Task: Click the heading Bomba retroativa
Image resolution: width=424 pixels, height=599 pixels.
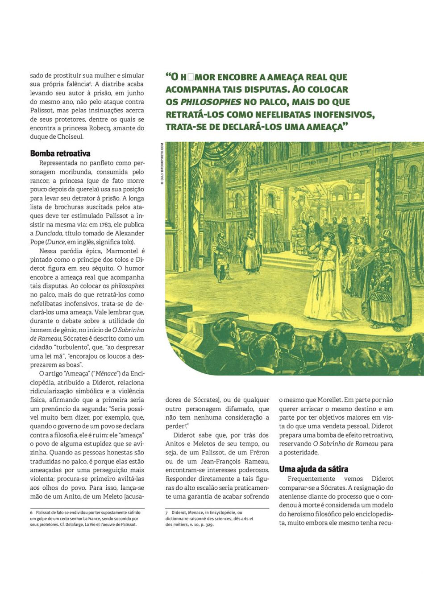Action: click(60, 153)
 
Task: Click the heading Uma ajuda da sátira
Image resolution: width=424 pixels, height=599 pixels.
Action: click(313, 469)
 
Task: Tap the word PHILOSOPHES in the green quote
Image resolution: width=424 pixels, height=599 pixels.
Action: click(210, 102)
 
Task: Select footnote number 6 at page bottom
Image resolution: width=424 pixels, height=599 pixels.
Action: click(32, 512)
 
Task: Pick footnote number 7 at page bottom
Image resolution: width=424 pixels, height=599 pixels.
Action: click(167, 513)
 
